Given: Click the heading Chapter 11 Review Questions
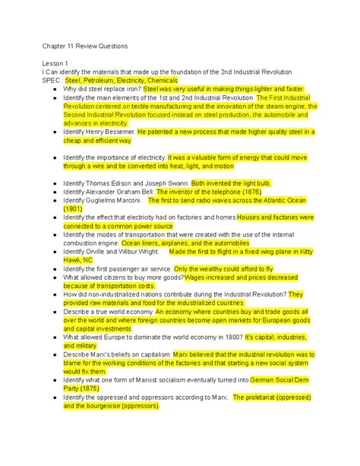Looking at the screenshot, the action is (85, 46).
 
